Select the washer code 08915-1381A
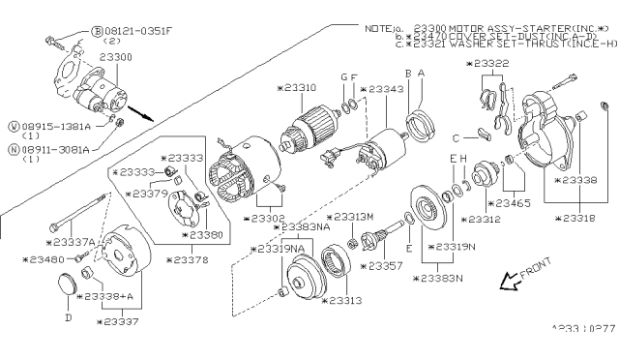click(49, 125)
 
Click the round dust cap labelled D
click(67, 285)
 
